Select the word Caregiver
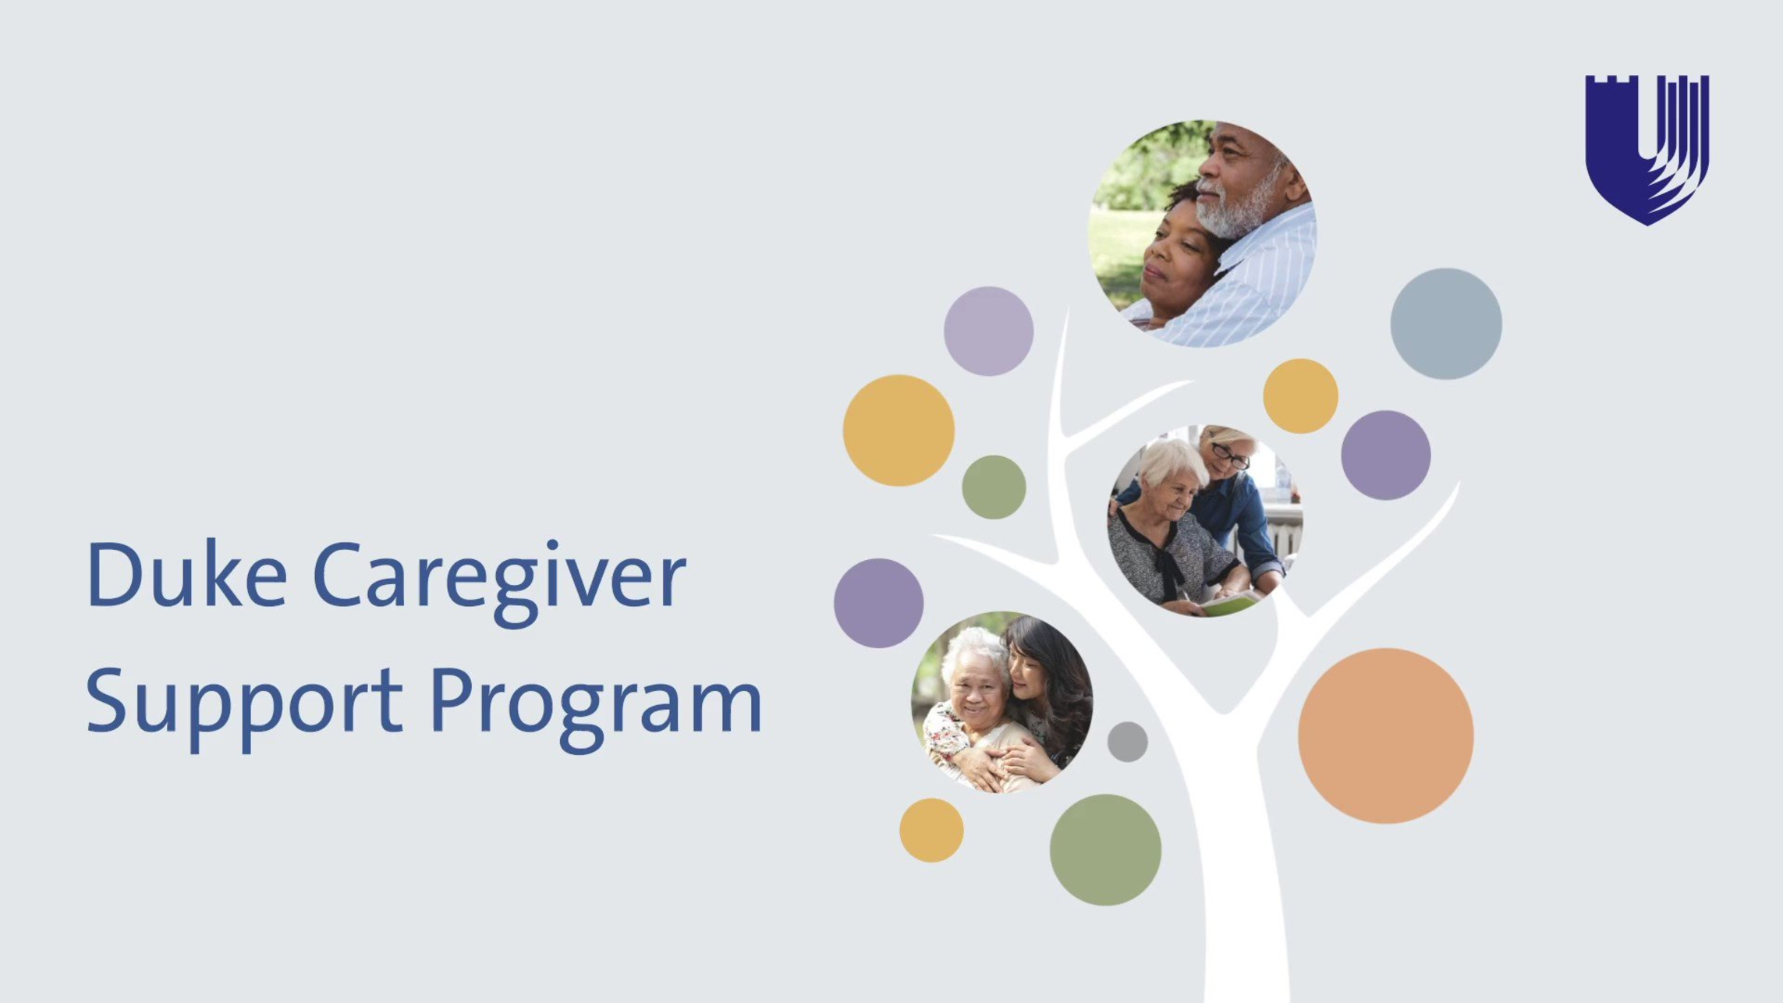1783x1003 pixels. pos(499,582)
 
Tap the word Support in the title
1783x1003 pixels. pos(244,707)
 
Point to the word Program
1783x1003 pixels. pos(596,708)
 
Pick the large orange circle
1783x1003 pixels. pos(1385,735)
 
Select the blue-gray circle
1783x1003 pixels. pos(1445,324)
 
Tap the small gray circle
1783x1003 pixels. pos(1127,742)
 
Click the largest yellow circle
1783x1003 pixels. pos(899,431)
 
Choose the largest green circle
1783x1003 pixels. pos(1105,849)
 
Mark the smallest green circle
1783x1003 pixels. pos(994,487)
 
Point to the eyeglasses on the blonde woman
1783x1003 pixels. pos(1230,455)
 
